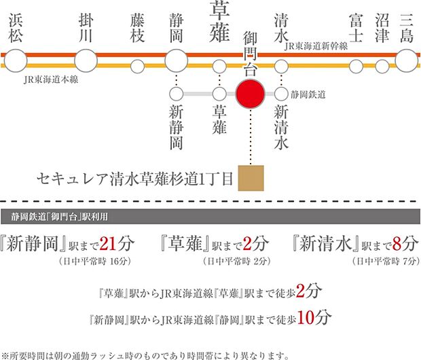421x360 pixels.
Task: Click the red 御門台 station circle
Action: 251,94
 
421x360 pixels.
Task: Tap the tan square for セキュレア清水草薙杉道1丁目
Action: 251,178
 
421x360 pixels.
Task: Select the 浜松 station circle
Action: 16,60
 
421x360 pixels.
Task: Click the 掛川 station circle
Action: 86,60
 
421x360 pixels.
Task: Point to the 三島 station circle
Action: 407,60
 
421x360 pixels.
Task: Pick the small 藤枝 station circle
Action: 137,67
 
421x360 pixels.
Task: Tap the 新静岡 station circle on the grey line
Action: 177,94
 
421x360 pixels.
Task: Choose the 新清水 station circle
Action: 281,94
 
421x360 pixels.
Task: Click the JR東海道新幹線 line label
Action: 316,46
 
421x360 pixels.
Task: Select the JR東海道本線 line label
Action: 51,79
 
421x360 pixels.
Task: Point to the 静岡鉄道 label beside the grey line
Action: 308,94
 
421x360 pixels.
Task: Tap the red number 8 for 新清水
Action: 397,244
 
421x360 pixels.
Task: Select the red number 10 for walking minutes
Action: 306,318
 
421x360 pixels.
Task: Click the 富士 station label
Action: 356,29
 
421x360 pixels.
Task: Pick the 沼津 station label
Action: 382,29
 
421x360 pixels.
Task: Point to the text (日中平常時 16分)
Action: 95,261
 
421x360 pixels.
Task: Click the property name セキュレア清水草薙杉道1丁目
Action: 134,179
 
